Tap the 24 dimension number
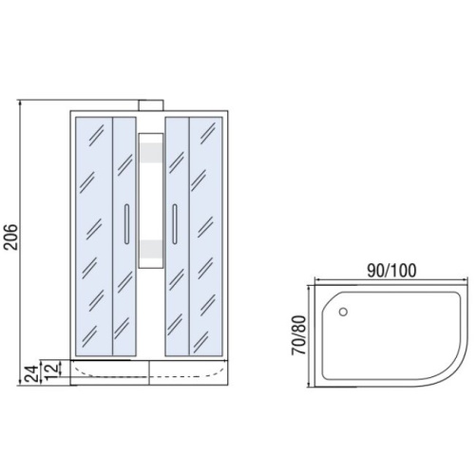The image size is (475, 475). point(31,373)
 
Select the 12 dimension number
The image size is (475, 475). point(51,370)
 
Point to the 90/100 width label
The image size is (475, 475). point(391,270)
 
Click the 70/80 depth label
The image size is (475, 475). point(299,335)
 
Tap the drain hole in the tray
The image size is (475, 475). point(343,312)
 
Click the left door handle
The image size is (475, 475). point(126,224)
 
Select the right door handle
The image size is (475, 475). point(175,224)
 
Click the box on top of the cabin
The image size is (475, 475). point(151,105)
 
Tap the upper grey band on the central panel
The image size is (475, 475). point(151,152)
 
